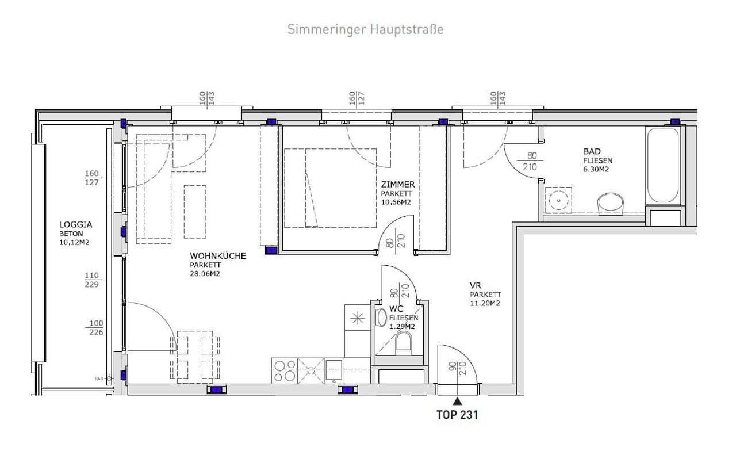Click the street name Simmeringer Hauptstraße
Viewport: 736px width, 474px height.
(x=365, y=29)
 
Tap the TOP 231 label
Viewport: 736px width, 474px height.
(x=457, y=415)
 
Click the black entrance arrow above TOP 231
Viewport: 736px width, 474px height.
(x=457, y=402)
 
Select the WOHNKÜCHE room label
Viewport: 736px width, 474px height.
(x=218, y=256)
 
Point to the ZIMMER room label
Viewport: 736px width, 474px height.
(x=397, y=185)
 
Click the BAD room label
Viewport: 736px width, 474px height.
(x=592, y=151)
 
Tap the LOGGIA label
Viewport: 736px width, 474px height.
(x=75, y=225)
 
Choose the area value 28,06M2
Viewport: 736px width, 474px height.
(x=205, y=274)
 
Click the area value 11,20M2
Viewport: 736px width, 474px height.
(x=485, y=303)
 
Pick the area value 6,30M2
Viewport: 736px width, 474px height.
(x=596, y=170)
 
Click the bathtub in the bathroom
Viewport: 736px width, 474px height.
(x=663, y=165)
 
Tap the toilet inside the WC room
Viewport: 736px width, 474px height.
(x=404, y=342)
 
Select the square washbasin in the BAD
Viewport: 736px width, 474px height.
(x=558, y=200)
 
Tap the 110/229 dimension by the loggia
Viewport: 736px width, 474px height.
(x=91, y=280)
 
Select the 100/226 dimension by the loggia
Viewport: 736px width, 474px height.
(x=96, y=328)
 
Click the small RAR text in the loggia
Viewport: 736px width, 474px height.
(x=99, y=379)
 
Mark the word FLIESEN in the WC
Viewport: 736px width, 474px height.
(x=404, y=318)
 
